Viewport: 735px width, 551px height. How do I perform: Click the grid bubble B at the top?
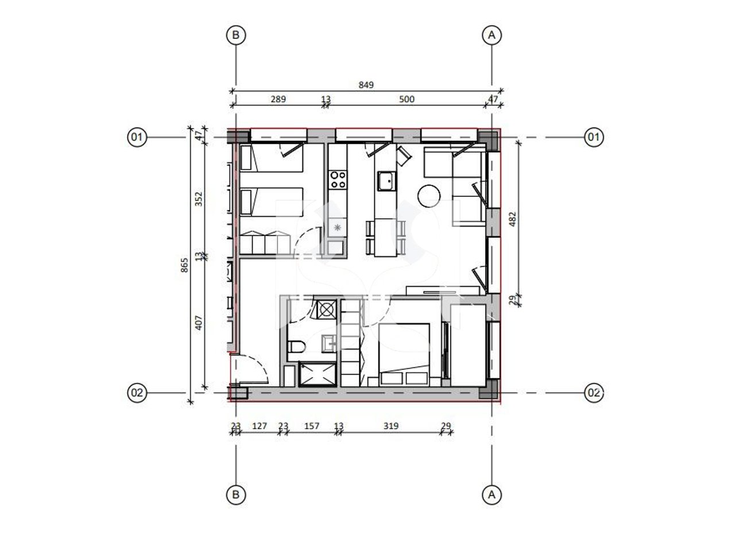235,36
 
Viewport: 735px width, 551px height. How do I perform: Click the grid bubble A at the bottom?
491,494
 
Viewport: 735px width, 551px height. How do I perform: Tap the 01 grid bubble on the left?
137,137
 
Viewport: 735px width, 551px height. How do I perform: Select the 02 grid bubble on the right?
594,393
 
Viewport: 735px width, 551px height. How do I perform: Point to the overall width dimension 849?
366,85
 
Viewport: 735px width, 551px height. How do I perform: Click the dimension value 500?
406,99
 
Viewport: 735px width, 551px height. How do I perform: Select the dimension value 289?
278,99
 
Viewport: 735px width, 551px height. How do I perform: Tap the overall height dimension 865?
184,265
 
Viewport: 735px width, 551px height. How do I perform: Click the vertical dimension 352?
199,199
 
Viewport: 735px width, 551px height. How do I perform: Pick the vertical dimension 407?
199,324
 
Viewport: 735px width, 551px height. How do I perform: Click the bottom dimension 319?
390,426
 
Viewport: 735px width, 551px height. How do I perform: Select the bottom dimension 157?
311,426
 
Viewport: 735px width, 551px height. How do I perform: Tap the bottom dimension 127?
260,426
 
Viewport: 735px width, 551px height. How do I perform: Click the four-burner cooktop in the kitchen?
337,180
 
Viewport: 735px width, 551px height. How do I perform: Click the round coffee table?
430,196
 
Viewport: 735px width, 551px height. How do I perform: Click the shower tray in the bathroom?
316,374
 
